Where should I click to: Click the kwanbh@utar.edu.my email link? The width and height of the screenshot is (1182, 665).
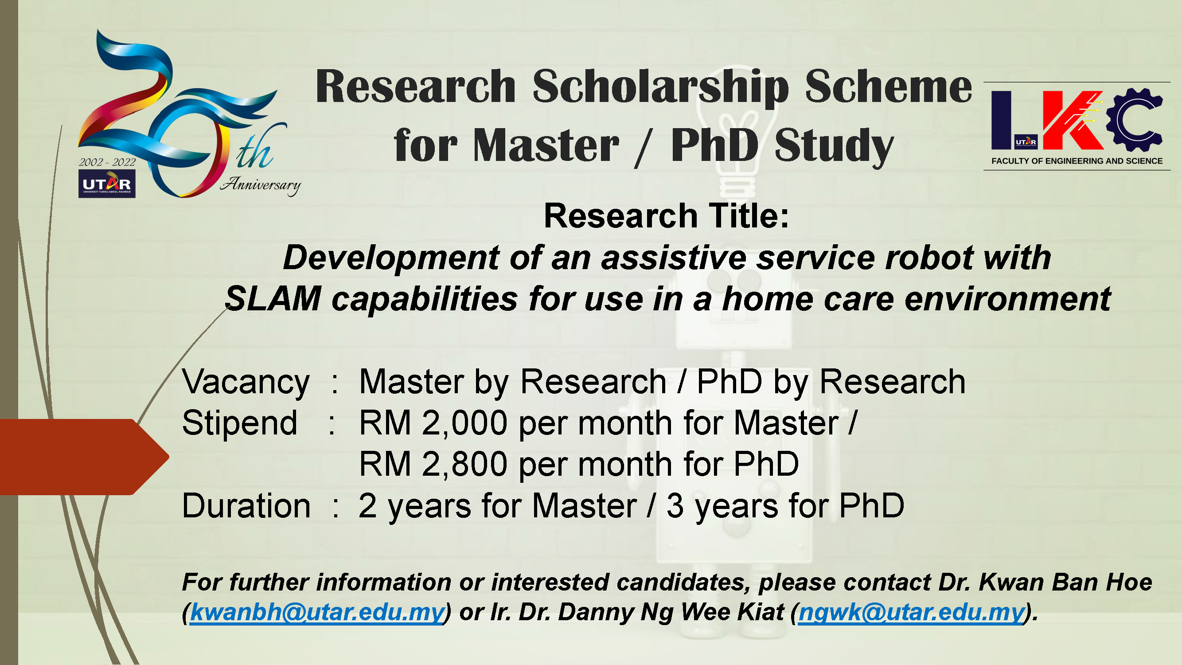(x=317, y=612)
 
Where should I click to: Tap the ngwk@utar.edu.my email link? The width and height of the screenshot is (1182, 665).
(x=911, y=612)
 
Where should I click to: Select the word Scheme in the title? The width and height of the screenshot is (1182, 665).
(x=888, y=86)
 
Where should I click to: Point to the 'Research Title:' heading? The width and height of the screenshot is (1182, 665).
(x=666, y=216)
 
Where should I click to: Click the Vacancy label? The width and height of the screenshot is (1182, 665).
(x=246, y=383)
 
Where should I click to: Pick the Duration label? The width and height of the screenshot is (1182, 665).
(x=246, y=506)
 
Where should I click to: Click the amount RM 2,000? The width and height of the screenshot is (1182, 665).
(x=433, y=423)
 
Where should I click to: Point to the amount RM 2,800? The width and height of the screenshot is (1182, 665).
(x=433, y=465)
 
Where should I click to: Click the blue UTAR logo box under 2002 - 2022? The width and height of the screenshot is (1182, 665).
(x=107, y=184)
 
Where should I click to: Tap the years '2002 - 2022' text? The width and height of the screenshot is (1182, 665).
(x=107, y=162)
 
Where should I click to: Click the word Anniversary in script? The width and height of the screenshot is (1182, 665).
(x=260, y=185)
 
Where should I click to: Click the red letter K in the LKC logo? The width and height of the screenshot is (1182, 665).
(x=1073, y=120)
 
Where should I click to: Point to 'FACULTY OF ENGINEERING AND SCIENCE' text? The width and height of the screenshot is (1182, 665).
(x=1077, y=161)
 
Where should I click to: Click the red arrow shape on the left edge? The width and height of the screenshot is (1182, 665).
(x=84, y=457)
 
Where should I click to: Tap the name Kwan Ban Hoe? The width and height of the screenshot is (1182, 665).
(x=1065, y=582)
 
